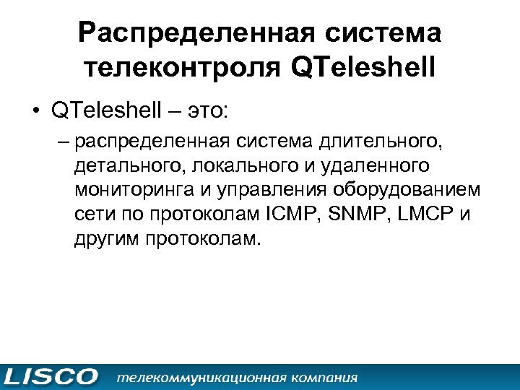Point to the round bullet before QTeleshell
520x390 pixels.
[35, 111]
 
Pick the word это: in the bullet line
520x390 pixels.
[209, 110]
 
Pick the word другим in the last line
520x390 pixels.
[105, 238]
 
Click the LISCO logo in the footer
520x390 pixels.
[51, 377]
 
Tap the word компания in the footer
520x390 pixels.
[322, 377]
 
